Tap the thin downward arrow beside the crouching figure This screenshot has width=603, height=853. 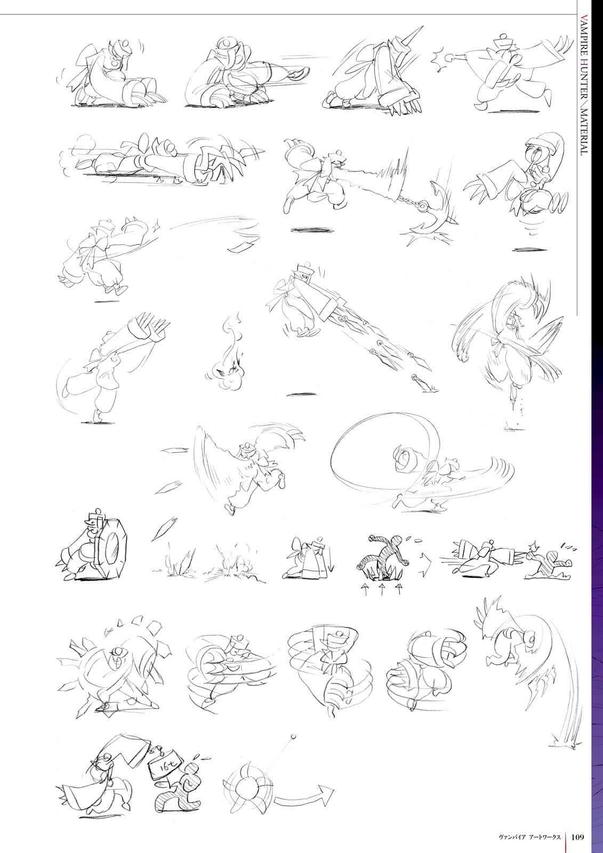point(330,560)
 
